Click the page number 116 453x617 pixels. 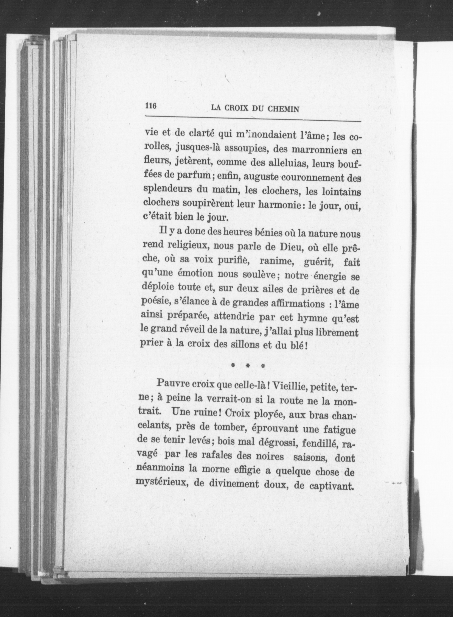150,105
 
